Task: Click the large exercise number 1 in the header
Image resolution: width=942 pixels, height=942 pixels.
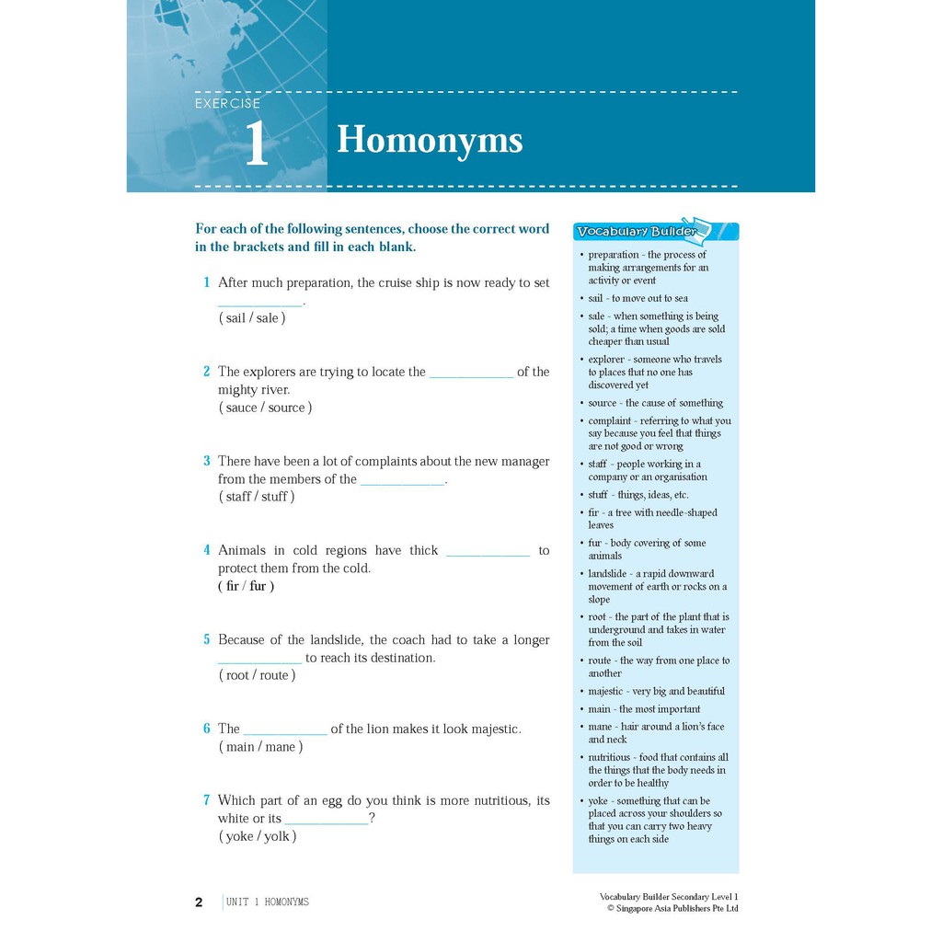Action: tap(256, 144)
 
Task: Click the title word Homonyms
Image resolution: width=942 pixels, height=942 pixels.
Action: tap(430, 141)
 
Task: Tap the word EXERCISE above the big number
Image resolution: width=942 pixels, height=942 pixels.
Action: tap(227, 104)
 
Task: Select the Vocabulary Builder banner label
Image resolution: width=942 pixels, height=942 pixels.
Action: tap(637, 232)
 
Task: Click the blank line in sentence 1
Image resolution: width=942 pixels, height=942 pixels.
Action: tap(259, 304)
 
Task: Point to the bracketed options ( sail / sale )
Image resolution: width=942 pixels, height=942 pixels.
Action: tap(252, 318)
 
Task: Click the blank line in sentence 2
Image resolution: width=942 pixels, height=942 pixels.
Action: tap(471, 376)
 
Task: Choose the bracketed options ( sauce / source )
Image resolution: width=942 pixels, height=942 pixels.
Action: tap(265, 408)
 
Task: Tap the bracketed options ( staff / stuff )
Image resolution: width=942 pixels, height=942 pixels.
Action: tap(257, 497)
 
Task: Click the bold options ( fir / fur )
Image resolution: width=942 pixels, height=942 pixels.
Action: tap(247, 586)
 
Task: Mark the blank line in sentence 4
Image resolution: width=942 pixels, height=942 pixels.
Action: tap(488, 555)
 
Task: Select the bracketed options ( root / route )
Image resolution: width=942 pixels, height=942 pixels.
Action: tap(257, 675)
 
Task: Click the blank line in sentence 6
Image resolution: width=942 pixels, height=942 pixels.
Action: tap(285, 733)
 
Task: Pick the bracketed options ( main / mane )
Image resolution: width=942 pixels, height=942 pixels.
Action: tap(260, 747)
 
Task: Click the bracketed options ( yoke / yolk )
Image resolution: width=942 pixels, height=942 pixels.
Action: tap(258, 836)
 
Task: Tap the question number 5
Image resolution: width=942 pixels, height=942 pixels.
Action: tap(207, 639)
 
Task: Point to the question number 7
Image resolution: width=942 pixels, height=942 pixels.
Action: tap(207, 800)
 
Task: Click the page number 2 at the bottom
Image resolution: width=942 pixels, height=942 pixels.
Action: tap(199, 902)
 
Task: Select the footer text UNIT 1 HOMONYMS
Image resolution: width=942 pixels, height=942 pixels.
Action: tap(267, 902)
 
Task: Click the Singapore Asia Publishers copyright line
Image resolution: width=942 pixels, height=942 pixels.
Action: tap(672, 909)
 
